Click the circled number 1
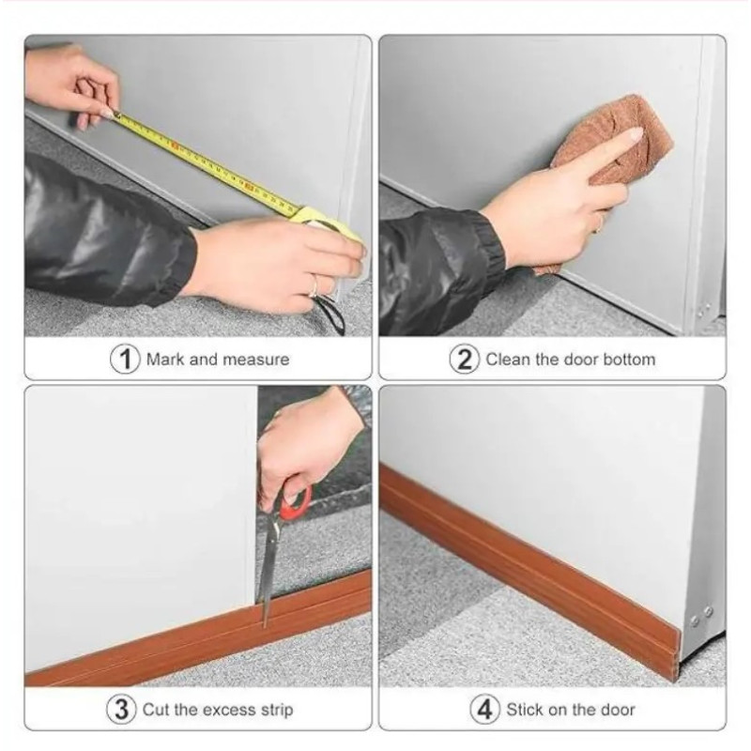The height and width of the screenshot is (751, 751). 125,359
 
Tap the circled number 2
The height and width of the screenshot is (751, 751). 464,360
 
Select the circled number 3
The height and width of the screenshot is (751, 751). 122,710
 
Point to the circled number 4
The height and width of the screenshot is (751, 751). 484,710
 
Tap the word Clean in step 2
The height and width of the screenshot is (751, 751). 508,360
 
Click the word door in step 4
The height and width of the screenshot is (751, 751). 617,710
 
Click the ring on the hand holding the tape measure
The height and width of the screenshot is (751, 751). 314,286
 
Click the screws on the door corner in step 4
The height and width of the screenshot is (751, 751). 701,616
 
